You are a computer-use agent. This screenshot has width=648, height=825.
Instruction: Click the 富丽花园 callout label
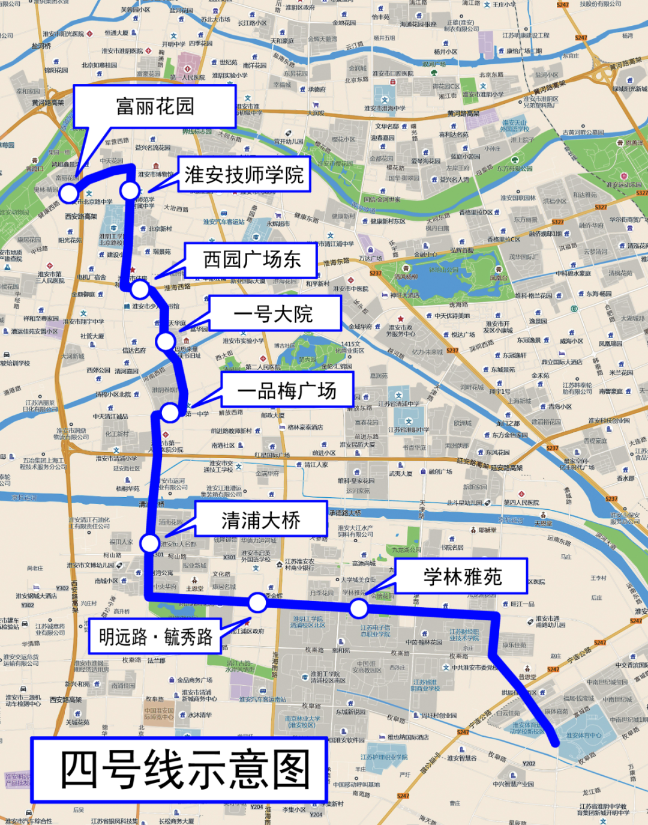click(155, 106)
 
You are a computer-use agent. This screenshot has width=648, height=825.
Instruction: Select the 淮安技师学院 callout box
click(244, 175)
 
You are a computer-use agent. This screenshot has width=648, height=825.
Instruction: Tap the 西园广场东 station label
click(251, 259)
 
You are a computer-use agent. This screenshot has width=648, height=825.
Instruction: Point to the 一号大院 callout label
click(274, 314)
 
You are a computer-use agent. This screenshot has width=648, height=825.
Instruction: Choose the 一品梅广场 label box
click(287, 391)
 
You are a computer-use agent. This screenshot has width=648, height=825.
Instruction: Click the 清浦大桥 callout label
click(260, 520)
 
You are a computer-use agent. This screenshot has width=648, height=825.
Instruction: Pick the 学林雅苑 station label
click(462, 576)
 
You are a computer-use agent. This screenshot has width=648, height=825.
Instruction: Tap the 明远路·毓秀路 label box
click(155, 637)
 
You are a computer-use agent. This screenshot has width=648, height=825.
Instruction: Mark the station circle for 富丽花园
click(69, 193)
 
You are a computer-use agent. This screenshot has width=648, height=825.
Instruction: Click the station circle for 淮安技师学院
click(130, 191)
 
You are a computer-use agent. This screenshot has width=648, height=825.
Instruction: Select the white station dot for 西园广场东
click(140, 289)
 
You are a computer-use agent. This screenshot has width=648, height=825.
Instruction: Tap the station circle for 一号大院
click(165, 341)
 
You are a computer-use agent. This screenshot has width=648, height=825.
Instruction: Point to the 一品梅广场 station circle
click(170, 412)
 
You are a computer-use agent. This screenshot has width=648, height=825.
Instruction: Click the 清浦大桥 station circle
click(149, 543)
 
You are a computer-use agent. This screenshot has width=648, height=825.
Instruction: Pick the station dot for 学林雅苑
click(359, 608)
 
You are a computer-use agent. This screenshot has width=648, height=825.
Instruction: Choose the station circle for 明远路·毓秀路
click(258, 602)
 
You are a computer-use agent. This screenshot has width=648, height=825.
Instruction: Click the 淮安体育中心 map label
click(583, 735)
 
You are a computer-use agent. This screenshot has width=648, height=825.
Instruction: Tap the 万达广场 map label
click(371, 258)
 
